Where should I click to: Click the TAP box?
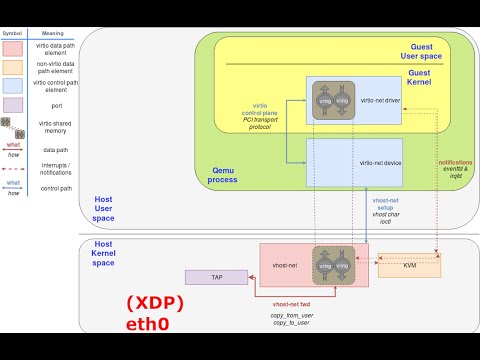[216, 277]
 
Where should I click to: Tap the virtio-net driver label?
[378, 102]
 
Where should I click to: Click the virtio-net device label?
[380, 162]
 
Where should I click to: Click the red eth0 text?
[149, 325]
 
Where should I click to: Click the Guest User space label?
[434, 51]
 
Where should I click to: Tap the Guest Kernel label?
[434, 79]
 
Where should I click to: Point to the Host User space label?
[104, 208]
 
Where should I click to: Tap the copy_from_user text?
[291, 315]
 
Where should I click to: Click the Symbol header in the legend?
[13, 31]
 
